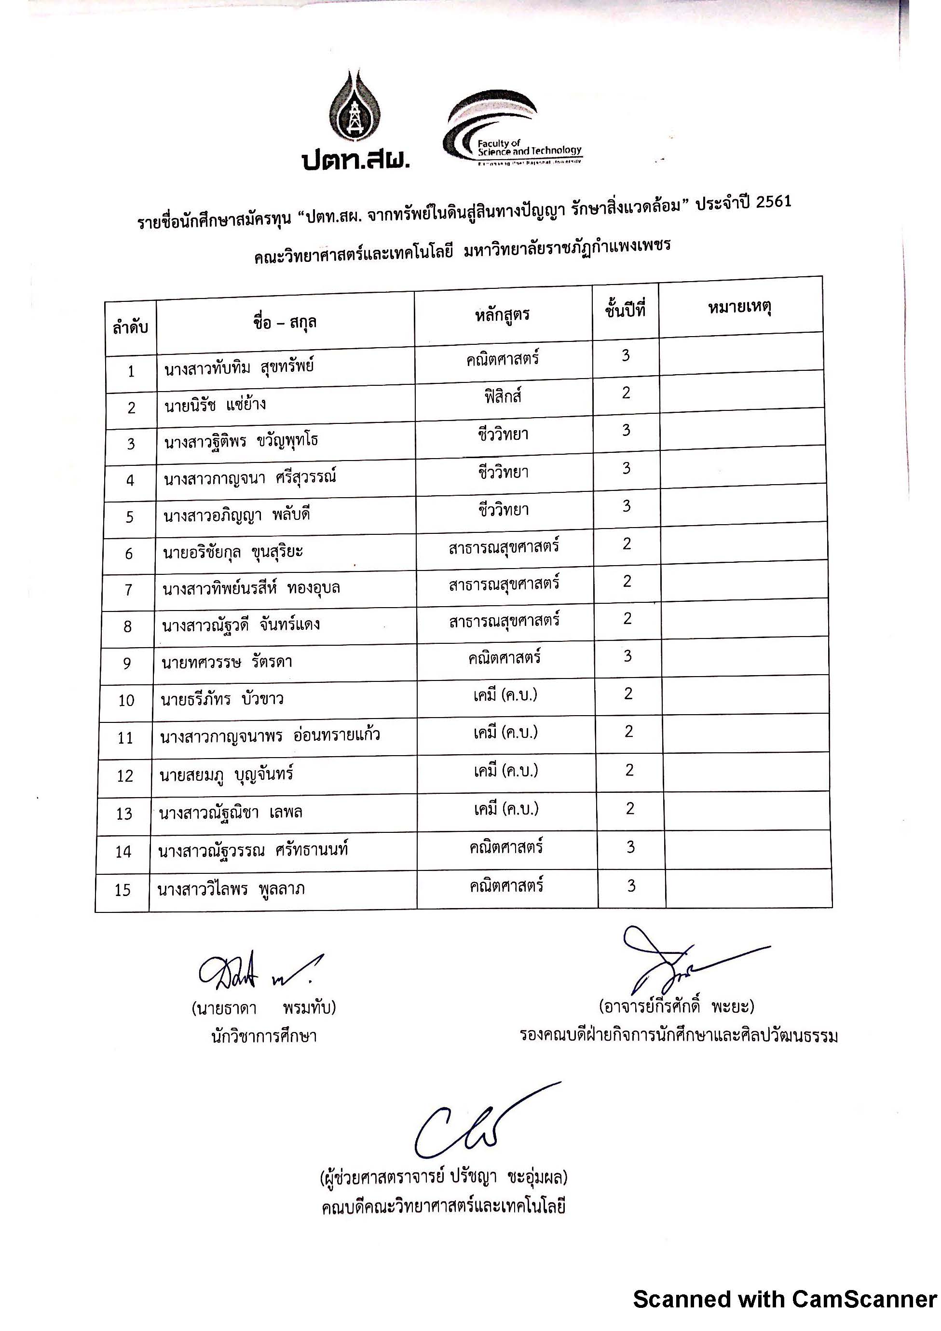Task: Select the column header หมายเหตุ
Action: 739,307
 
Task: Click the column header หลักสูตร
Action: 502,315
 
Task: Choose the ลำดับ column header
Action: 130,327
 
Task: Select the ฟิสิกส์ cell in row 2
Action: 503,396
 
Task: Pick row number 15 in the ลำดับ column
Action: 123,890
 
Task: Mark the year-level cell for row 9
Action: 627,656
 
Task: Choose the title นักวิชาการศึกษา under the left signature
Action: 264,1036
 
